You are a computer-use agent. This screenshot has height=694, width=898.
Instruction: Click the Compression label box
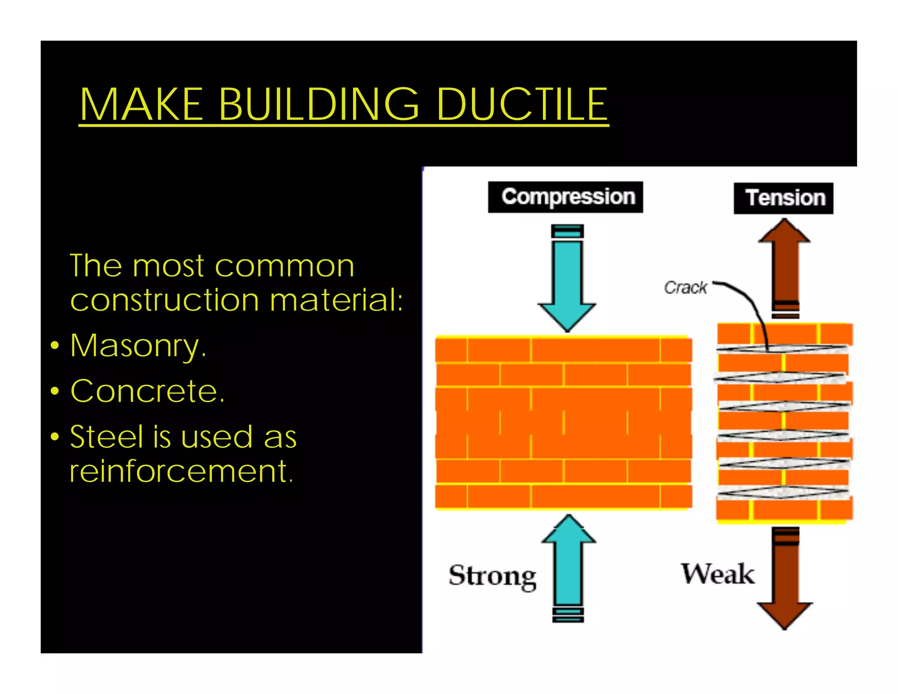click(565, 197)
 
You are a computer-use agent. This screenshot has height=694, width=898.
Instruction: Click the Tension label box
click(783, 198)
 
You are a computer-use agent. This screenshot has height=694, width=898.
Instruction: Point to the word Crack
click(685, 288)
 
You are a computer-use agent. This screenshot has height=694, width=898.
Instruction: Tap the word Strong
click(492, 576)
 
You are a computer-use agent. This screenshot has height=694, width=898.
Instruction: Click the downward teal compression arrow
click(567, 281)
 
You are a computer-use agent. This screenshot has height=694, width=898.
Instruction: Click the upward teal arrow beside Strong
click(568, 566)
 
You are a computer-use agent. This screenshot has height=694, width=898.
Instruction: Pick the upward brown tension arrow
click(784, 268)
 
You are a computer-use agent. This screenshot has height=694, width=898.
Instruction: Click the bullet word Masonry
click(138, 347)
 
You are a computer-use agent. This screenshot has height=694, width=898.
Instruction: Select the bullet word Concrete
click(147, 391)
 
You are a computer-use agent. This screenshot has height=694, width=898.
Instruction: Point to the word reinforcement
click(181, 472)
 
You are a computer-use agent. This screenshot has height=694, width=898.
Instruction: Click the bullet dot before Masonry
click(54, 346)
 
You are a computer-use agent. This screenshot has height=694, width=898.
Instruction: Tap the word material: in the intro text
click(336, 300)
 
